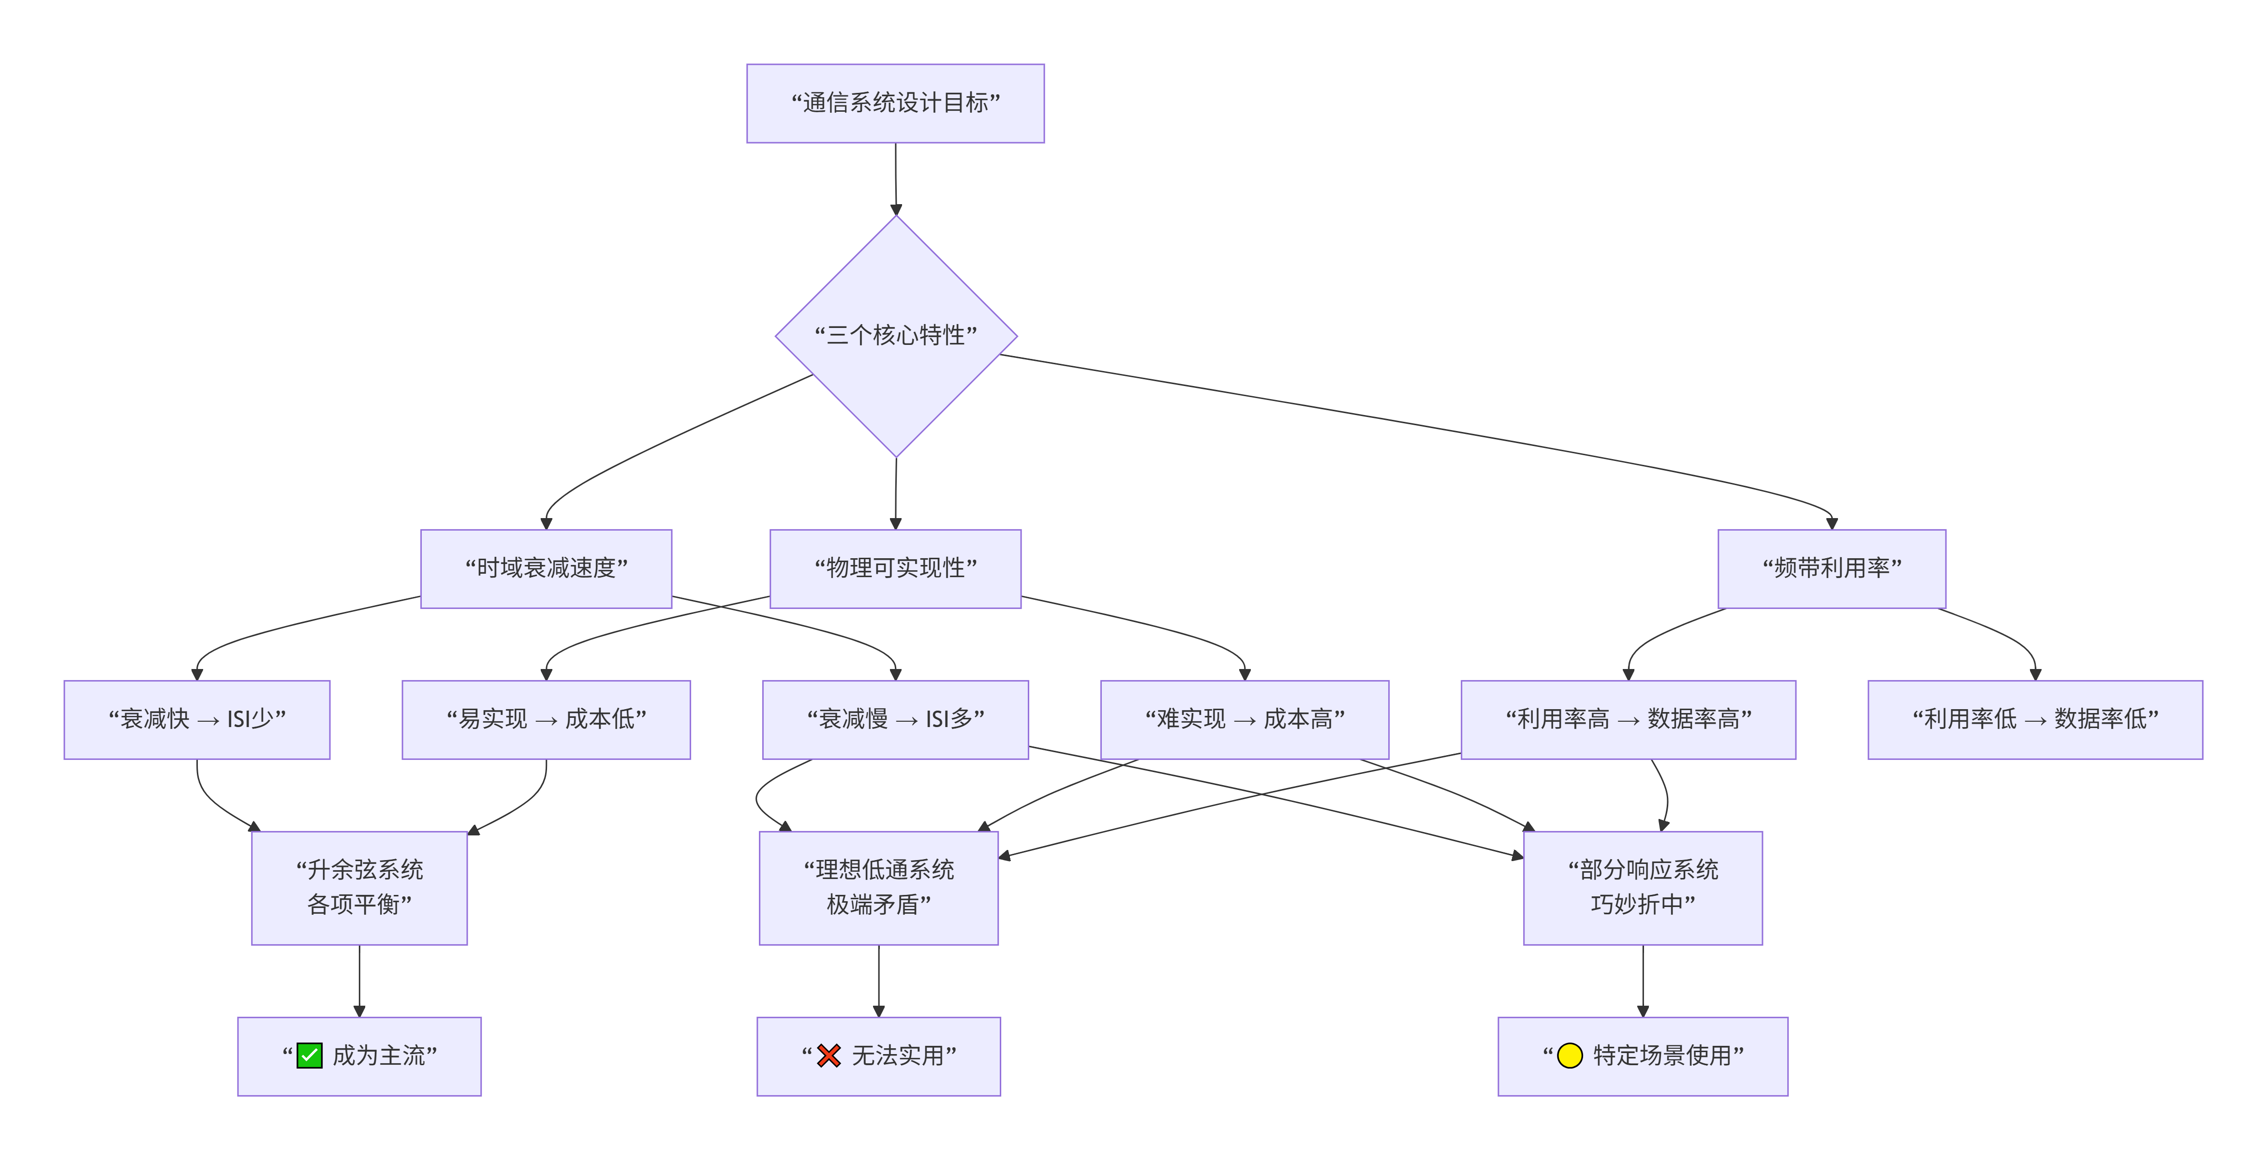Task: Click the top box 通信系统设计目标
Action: tap(895, 103)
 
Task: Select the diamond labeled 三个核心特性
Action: tap(896, 336)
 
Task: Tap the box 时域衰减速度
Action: tap(546, 568)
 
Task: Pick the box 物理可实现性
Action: tap(895, 568)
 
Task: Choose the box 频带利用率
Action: tap(1831, 568)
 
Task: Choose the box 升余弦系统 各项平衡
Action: tap(359, 888)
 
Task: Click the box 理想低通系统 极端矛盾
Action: tap(878, 888)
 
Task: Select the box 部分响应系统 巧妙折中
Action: tap(1643, 888)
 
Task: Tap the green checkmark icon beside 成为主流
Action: tap(310, 1055)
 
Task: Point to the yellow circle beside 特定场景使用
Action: tap(1570, 1055)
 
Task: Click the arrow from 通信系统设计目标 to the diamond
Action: tap(896, 179)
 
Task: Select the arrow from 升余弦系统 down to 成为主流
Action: tap(359, 982)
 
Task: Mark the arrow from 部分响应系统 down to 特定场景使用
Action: tap(1643, 982)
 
